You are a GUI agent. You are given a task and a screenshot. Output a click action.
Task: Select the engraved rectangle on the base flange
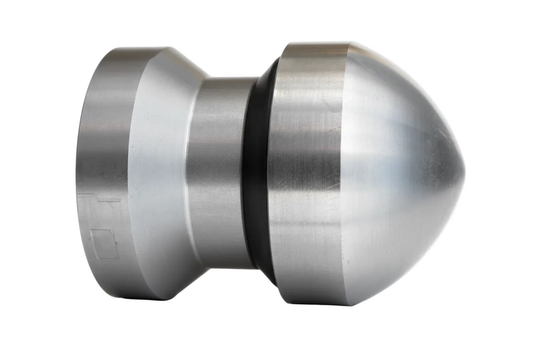tap(104, 244)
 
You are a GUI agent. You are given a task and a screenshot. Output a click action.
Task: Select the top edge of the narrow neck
tap(226, 80)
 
